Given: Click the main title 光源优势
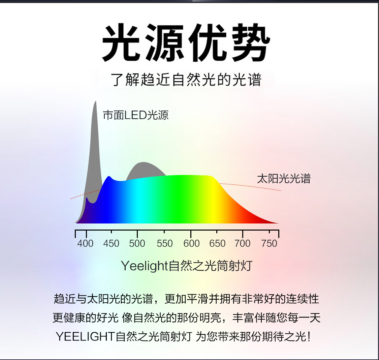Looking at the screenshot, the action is (x=186, y=43).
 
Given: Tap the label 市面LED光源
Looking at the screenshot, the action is (x=136, y=115).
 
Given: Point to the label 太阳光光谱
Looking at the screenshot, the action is (x=284, y=179).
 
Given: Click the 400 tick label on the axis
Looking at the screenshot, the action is (x=85, y=243).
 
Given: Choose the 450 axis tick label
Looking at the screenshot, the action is (x=111, y=243).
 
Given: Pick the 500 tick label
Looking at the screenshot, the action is (x=137, y=243).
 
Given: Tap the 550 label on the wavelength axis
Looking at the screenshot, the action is (x=165, y=243).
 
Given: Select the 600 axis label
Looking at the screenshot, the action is (x=191, y=243).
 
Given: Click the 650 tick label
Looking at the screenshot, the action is (x=217, y=243).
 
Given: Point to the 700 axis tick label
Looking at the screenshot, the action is (x=243, y=243).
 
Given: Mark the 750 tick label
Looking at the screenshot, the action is (x=269, y=243).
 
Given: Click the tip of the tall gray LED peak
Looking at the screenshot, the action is (x=95, y=101).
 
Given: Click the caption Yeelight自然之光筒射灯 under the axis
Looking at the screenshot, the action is (x=187, y=266).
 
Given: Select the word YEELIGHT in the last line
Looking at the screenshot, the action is (x=85, y=336).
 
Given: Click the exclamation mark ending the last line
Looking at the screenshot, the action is (x=309, y=336).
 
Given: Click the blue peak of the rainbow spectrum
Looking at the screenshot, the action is (x=109, y=177).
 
